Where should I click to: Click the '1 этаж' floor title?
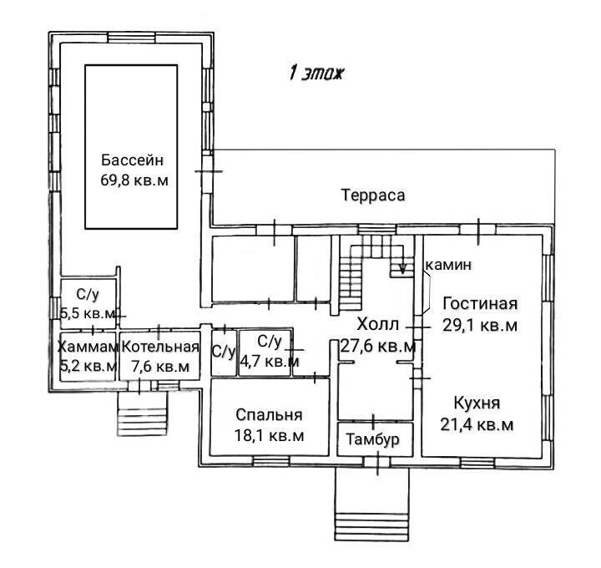pos(316,73)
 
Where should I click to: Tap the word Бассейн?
pos(132,160)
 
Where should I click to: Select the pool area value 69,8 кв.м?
pos(134,180)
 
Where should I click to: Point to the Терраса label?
pos(373,195)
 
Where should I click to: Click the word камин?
pos(449,265)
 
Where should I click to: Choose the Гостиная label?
pos(480,304)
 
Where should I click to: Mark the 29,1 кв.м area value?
pos(480,325)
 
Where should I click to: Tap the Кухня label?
pos(477,403)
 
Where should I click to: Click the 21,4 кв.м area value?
pos(477,425)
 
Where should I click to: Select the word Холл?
pos(378,325)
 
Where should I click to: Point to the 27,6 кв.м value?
pos(378,347)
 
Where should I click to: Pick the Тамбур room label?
pos(372,439)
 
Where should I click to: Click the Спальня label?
pos(269,415)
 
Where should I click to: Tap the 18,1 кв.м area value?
pos(269,436)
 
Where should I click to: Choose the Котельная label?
pos(160,347)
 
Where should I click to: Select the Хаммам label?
pos(88,347)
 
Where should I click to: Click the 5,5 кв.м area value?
pos(88,314)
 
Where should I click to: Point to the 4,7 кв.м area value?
pos(270,361)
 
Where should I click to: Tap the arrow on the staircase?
pos(402,266)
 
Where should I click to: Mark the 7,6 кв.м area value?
pos(160,366)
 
